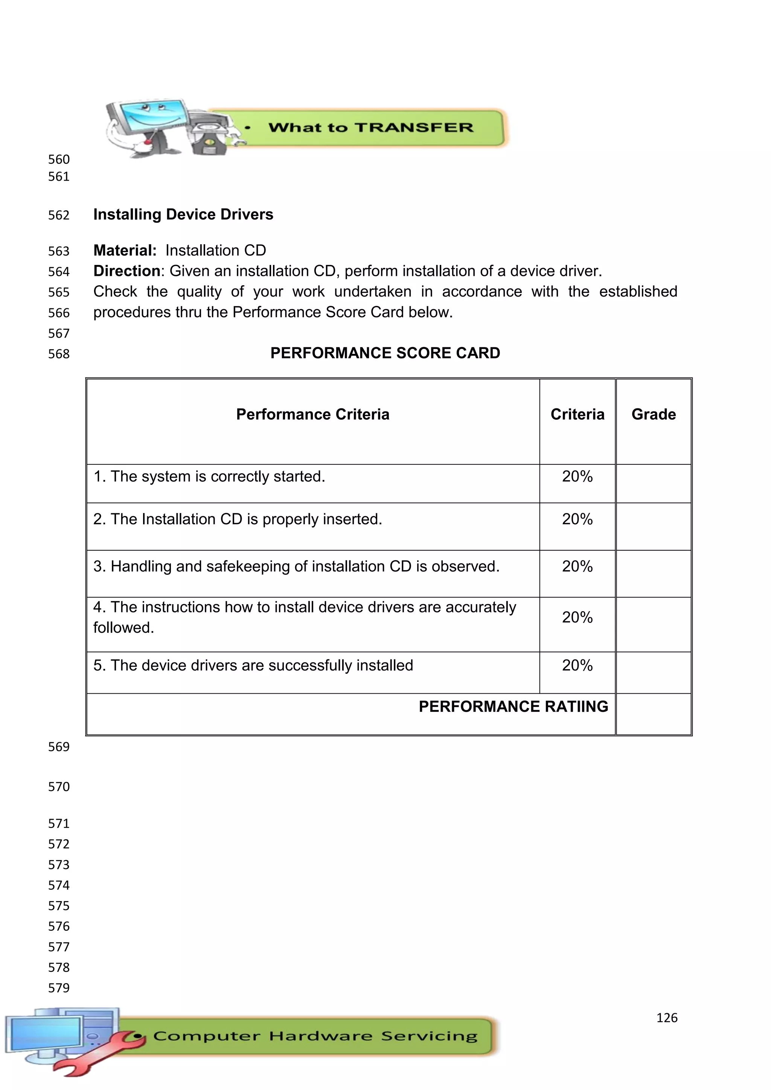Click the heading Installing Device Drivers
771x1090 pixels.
tap(183, 215)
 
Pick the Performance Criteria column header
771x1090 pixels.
tap(312, 414)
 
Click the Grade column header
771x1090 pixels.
tap(653, 414)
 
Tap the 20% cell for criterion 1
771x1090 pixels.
tap(577, 476)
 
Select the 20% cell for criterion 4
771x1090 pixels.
tap(577, 618)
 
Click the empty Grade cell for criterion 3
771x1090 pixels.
tap(653, 574)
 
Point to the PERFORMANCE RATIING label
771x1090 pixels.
tap(513, 707)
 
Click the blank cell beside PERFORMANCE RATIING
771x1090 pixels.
tap(653, 714)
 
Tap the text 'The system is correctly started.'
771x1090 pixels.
tap(218, 476)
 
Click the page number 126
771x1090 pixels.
tap(667, 1018)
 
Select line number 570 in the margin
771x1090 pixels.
tap(59, 787)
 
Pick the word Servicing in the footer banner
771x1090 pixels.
tap(429, 1036)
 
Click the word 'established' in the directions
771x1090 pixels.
tap(638, 291)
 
